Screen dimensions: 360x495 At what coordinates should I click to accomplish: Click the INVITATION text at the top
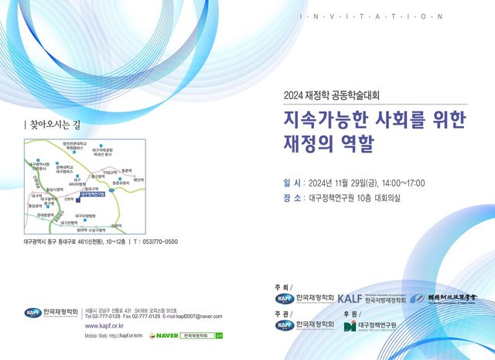click(371, 16)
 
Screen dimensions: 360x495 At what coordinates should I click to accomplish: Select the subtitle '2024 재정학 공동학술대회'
click(333, 96)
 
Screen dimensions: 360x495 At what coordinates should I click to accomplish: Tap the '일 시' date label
click(293, 183)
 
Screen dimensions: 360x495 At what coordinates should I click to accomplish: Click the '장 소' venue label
click(293, 197)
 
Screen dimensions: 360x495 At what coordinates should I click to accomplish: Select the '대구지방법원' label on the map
click(84, 215)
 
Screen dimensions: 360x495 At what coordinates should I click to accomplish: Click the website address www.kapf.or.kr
click(104, 326)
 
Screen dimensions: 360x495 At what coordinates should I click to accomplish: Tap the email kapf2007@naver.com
click(198, 316)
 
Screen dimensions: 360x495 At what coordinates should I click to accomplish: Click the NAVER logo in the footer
click(163, 335)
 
